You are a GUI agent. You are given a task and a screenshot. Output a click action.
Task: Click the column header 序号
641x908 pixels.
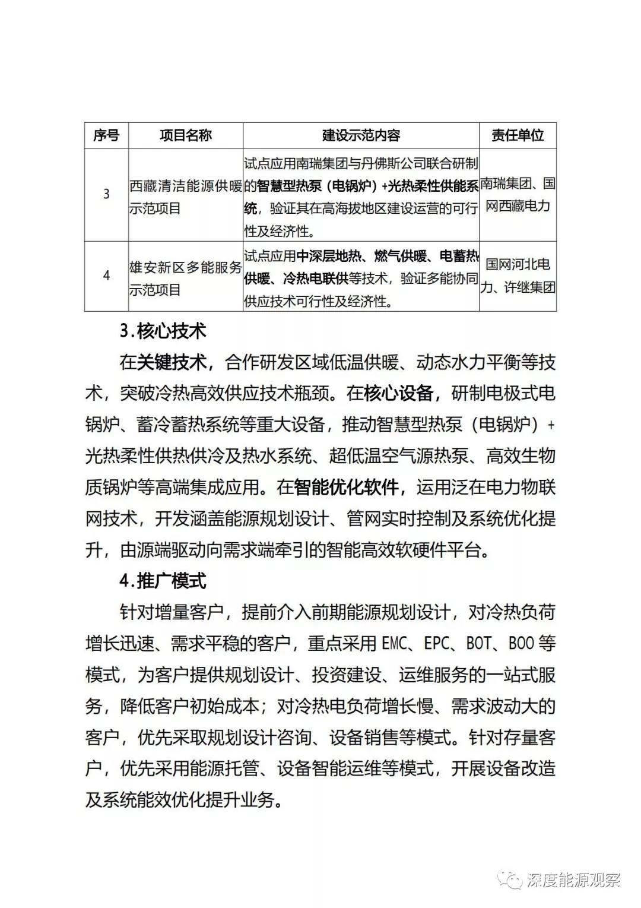(106, 135)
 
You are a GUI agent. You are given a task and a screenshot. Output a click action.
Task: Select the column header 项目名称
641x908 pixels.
(185, 135)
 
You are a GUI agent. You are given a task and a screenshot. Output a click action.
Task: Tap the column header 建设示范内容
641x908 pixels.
(361, 135)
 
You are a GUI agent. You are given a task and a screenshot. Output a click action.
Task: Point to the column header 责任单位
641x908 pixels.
(518, 135)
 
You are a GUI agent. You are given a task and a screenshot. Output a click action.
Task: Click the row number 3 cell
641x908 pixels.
(106, 194)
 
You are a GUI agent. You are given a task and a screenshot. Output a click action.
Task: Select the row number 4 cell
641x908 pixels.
(106, 276)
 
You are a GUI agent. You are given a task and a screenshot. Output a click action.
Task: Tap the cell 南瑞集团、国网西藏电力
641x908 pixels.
(518, 195)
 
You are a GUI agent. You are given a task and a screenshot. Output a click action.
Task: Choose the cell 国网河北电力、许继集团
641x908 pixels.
(518, 276)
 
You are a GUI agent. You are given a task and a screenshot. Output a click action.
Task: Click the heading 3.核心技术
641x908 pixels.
(163, 331)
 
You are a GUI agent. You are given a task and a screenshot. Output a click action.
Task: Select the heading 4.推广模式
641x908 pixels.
(163, 580)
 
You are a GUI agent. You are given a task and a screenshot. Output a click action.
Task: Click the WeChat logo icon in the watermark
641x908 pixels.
(510, 878)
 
